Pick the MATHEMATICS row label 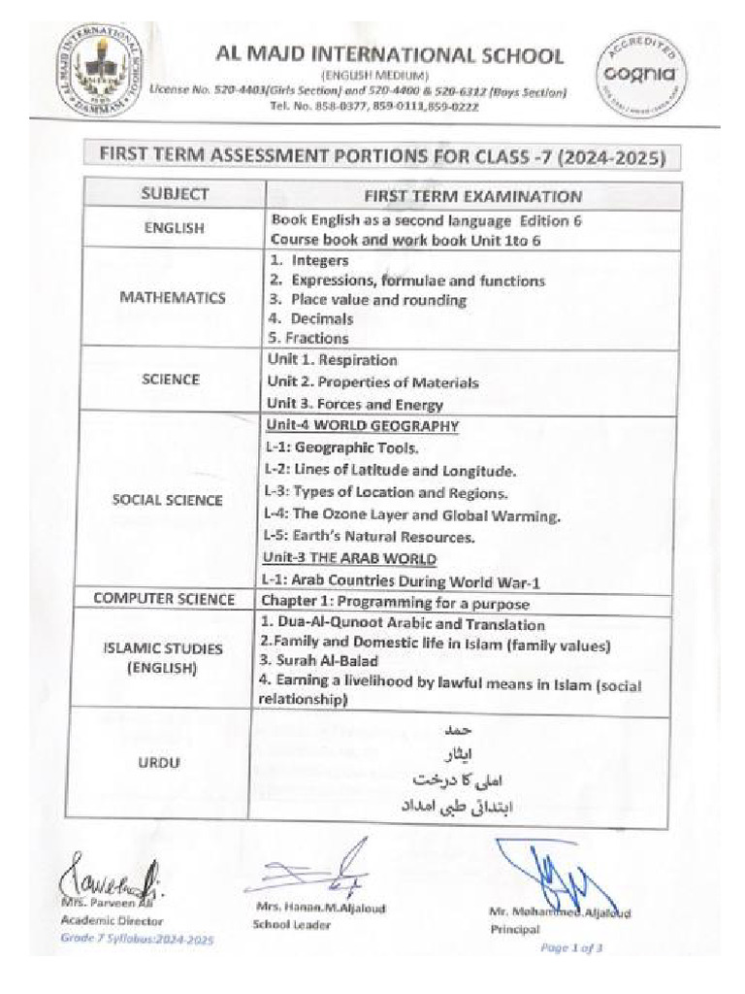[x=174, y=298]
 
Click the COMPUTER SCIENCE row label [x=165, y=600]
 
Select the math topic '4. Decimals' [x=310, y=318]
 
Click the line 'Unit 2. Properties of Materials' [x=372, y=382]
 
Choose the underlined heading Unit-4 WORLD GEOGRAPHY [x=361, y=426]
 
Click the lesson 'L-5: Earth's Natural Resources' [x=369, y=536]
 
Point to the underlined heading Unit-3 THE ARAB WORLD [x=349, y=558]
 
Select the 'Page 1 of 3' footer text [x=572, y=948]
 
